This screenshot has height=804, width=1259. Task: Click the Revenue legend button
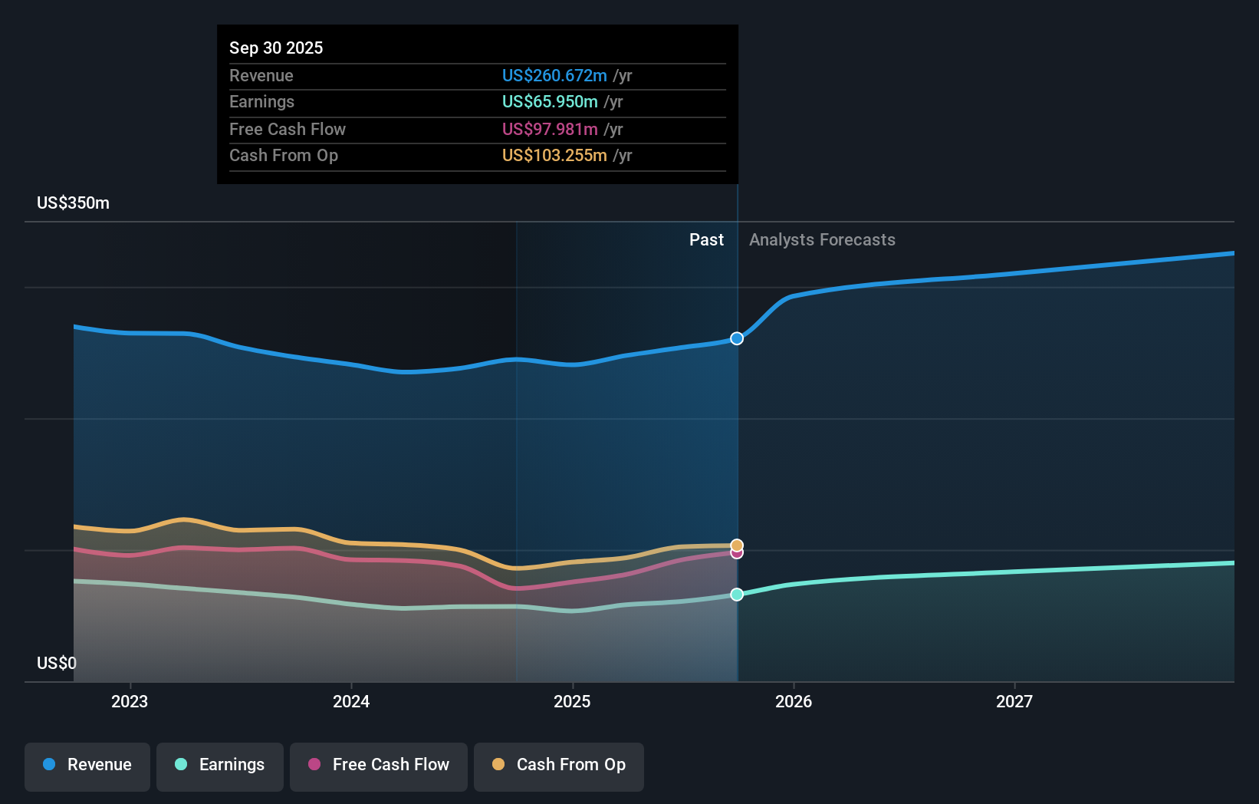pyautogui.click(x=87, y=765)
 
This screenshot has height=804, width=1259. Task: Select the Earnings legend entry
pyautogui.click(x=220, y=765)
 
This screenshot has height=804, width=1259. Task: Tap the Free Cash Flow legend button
pyautogui.click(x=379, y=765)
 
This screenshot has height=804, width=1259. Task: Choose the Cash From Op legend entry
pyautogui.click(x=559, y=765)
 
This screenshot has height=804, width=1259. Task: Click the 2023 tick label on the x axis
pyautogui.click(x=130, y=701)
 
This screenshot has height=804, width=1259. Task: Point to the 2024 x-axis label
pyautogui.click(x=351, y=701)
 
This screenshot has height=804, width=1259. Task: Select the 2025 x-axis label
pyautogui.click(x=572, y=701)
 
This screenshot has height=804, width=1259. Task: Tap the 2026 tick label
pyautogui.click(x=794, y=701)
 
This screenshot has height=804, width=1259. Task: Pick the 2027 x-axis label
pyautogui.click(x=1014, y=701)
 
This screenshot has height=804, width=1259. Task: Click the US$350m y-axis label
pyautogui.click(x=74, y=203)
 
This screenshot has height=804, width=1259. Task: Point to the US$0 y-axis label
pyautogui.click(x=57, y=663)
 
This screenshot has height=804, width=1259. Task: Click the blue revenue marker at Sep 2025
pyautogui.click(x=737, y=338)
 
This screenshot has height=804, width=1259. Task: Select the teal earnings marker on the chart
pyautogui.click(x=737, y=595)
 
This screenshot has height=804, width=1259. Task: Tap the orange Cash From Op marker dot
pyautogui.click(x=737, y=545)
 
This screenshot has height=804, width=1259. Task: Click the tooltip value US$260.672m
pyautogui.click(x=554, y=76)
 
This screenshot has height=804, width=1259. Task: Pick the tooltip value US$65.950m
pyautogui.click(x=550, y=102)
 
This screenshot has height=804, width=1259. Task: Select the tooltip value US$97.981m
pyautogui.click(x=550, y=130)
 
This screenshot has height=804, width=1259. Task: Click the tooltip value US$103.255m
pyautogui.click(x=554, y=156)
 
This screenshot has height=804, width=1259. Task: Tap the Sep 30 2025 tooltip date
pyautogui.click(x=276, y=48)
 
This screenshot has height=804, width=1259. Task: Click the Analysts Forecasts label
pyautogui.click(x=822, y=240)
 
